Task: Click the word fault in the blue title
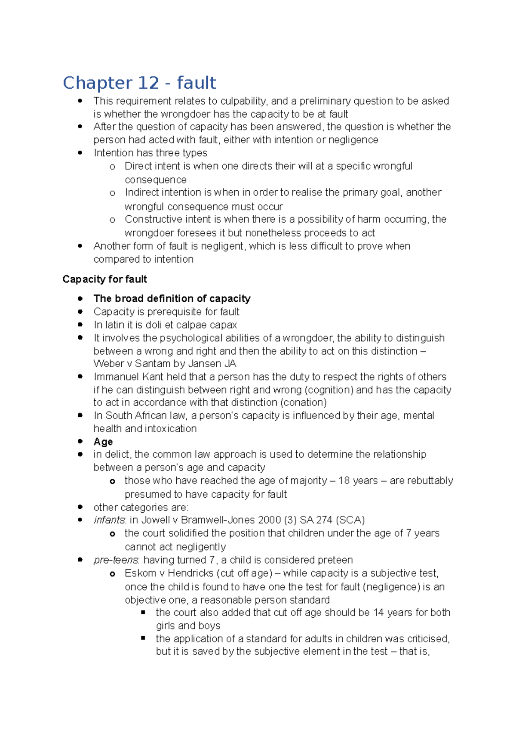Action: (197, 83)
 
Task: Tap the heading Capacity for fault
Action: (104, 279)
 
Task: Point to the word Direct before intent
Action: (138, 166)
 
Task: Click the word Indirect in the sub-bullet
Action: (141, 192)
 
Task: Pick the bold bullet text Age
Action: (103, 442)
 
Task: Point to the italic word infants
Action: (109, 520)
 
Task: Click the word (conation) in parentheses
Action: (303, 403)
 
